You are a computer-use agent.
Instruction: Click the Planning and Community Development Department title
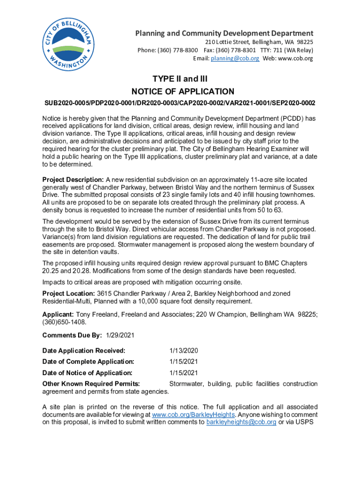pos(224,33)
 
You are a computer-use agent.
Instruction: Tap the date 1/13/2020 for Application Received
pos(184,350)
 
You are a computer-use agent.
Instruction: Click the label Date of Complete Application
pos(88,362)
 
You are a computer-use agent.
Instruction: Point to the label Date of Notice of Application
pos(87,373)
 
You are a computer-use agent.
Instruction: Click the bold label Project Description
pos(73,180)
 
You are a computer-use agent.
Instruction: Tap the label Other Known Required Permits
pos(90,384)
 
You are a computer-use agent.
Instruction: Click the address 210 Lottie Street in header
pos(225,42)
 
